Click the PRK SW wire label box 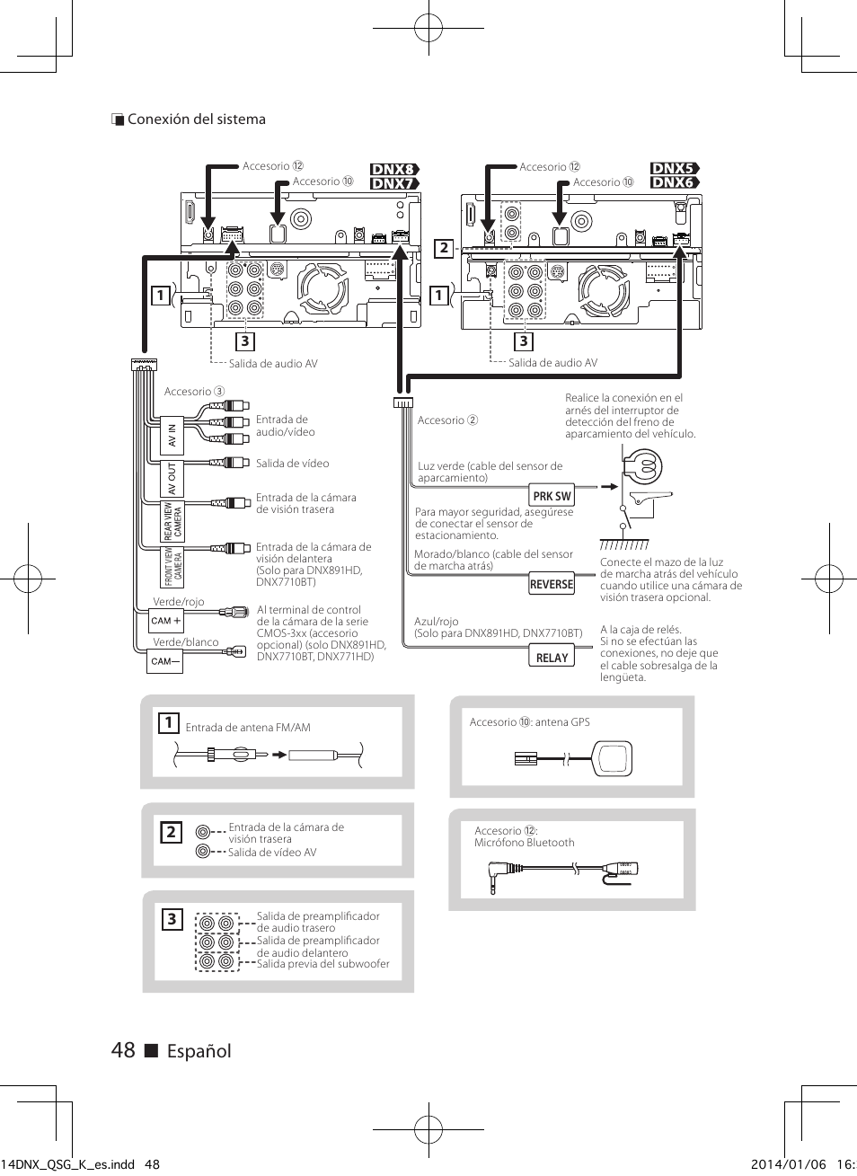551,495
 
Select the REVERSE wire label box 551,584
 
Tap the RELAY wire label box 551,657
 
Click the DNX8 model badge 394,169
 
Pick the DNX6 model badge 675,182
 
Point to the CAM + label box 165,621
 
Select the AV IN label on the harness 172,436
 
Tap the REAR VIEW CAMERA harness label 172,521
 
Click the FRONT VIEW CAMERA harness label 172,568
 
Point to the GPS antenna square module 613,758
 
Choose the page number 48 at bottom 123,1050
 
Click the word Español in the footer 199,1052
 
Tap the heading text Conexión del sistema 196,119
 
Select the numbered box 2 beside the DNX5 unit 444,248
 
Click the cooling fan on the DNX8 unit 322,288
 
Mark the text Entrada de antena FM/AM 248,728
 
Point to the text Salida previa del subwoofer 322,964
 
